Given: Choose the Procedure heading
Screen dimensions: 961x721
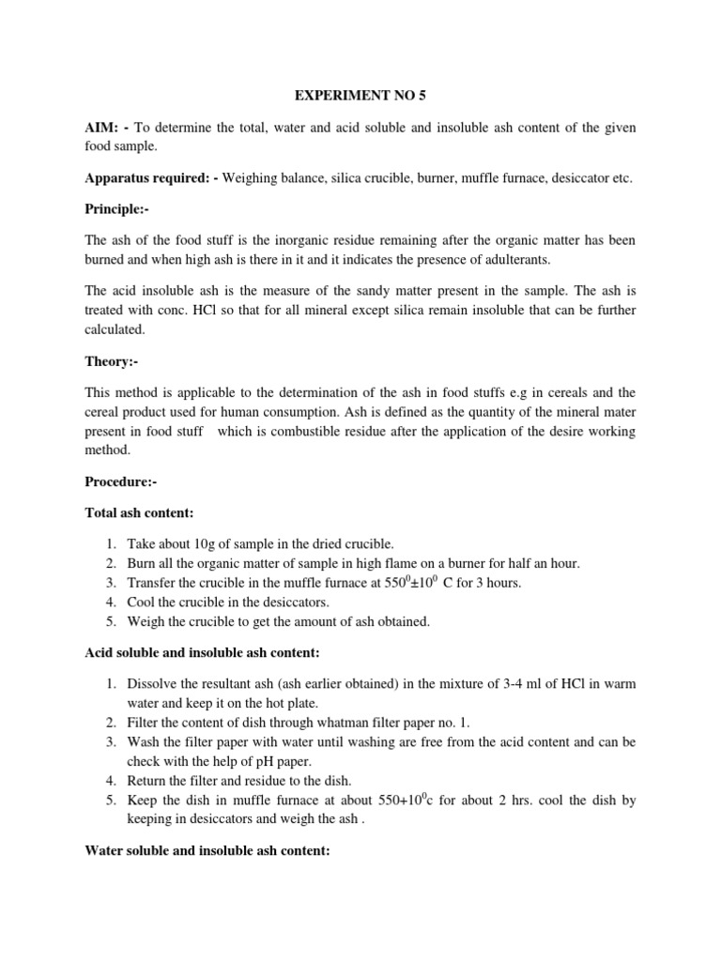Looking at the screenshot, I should click(121, 481).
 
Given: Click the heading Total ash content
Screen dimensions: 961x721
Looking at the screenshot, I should click(139, 513).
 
